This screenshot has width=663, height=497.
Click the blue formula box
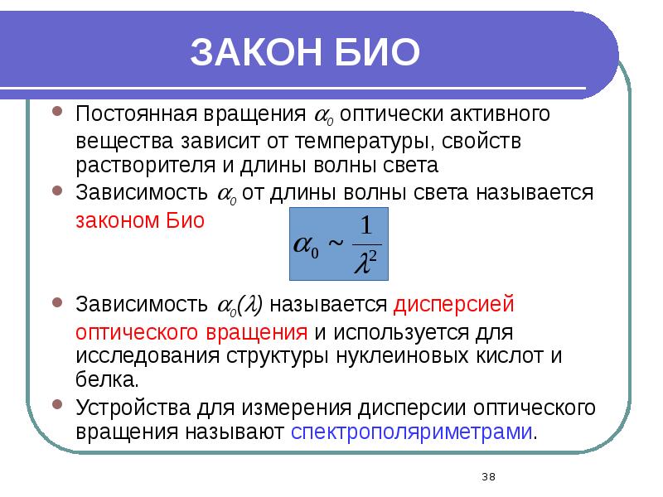pyautogui.click(x=337, y=244)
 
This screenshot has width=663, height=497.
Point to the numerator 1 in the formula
pyautogui.click(x=367, y=225)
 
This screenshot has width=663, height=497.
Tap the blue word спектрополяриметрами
pyautogui.click(x=413, y=432)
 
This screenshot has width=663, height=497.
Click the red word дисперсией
pyautogui.click(x=454, y=304)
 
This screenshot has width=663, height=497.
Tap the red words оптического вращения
pyautogui.click(x=192, y=332)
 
